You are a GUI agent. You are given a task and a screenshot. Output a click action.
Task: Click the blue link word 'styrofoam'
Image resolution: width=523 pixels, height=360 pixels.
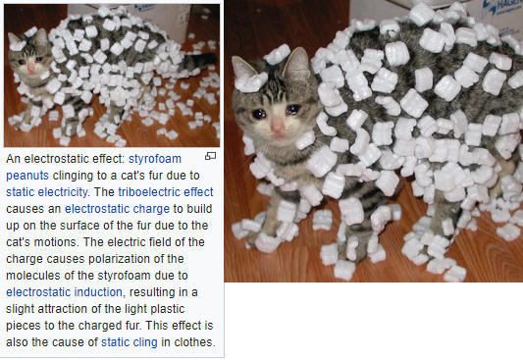[155, 159]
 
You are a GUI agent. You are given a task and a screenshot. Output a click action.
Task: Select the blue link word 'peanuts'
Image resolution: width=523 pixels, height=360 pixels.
[27, 176]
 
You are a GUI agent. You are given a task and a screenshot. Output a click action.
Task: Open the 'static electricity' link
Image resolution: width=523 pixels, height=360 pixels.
[47, 192]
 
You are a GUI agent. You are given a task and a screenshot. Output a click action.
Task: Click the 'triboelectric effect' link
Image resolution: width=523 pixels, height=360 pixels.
[166, 192]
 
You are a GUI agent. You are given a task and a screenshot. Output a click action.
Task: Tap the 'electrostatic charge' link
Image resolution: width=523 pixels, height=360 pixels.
[117, 209]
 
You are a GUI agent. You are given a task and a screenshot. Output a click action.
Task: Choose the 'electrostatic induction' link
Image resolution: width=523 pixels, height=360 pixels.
[64, 292]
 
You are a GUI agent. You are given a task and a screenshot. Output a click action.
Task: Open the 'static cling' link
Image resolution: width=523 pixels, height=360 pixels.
[130, 342]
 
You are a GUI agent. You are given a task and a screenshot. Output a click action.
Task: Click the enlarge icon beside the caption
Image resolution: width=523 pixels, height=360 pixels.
[210, 156]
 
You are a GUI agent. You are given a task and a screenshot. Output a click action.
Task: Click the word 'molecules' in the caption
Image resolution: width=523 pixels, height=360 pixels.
[29, 276]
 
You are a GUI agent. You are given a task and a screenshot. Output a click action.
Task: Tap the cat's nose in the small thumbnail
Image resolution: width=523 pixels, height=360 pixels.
[31, 69]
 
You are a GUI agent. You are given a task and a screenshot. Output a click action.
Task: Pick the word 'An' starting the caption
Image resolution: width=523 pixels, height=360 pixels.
[14, 159]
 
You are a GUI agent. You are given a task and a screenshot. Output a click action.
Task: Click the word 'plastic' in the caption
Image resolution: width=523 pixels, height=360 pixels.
[168, 309]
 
